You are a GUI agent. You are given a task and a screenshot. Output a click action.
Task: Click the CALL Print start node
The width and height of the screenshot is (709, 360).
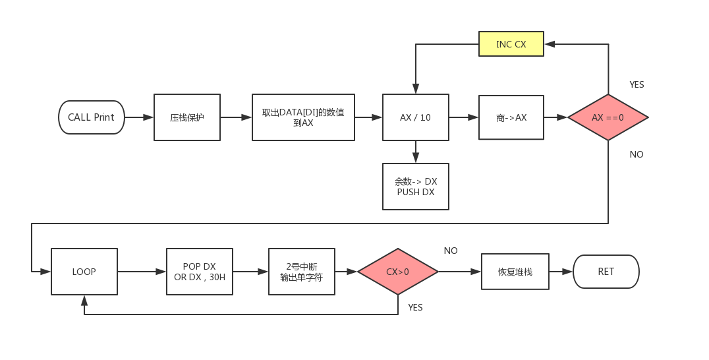pyautogui.click(x=91, y=117)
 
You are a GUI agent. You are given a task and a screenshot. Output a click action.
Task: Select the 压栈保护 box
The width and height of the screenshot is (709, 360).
pyautogui.click(x=187, y=117)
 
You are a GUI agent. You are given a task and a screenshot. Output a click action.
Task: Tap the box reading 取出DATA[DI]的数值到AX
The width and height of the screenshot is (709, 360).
pyautogui.click(x=303, y=117)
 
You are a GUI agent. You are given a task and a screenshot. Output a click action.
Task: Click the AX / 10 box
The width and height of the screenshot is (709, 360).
pyautogui.click(x=415, y=117)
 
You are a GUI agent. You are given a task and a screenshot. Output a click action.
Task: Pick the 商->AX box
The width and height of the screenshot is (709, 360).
pyautogui.click(x=511, y=117)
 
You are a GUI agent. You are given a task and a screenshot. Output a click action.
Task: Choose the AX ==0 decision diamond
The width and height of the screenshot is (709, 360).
pyautogui.click(x=608, y=117)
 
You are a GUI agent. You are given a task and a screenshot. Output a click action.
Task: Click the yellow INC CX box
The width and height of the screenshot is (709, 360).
pyautogui.click(x=511, y=44)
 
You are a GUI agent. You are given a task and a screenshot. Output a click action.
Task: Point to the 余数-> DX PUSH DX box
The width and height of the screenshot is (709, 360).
pyautogui.click(x=415, y=187)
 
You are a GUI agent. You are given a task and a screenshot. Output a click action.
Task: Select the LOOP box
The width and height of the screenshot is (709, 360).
pyautogui.click(x=84, y=271)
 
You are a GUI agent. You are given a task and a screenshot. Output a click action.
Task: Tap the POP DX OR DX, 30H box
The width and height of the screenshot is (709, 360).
pyautogui.click(x=199, y=271)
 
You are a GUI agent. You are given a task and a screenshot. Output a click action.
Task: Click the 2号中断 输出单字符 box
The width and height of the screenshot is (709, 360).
pyautogui.click(x=301, y=271)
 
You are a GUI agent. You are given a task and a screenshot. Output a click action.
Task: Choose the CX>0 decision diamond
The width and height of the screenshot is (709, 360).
pyautogui.click(x=397, y=271)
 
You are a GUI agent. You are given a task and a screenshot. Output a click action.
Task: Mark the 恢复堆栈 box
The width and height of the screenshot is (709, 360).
pyautogui.click(x=515, y=271)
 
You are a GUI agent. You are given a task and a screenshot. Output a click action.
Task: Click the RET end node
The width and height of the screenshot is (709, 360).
pyautogui.click(x=606, y=271)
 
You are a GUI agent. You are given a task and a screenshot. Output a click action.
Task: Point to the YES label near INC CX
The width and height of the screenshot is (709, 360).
pyautogui.click(x=637, y=84)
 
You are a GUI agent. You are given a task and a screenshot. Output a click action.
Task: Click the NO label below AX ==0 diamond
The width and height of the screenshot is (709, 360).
pyautogui.click(x=637, y=154)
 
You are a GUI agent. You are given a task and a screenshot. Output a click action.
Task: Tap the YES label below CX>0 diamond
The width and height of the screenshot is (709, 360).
pyautogui.click(x=415, y=307)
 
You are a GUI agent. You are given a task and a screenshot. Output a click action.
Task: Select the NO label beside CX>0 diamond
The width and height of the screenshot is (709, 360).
pyautogui.click(x=451, y=251)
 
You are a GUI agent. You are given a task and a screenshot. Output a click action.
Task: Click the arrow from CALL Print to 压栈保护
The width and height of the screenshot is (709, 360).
pyautogui.click(x=139, y=117)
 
